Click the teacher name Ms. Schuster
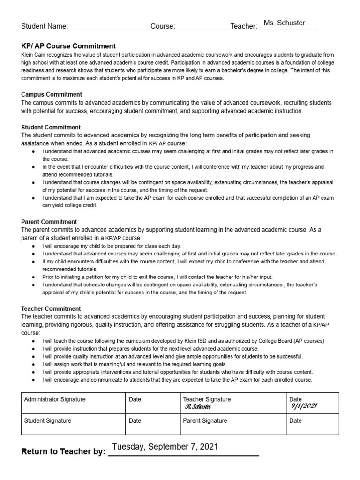(x=284, y=22)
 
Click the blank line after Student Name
(x=109, y=27)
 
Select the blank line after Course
(x=202, y=27)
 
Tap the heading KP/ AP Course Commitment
(x=68, y=46)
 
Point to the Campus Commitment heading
(x=52, y=94)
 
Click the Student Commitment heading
(x=51, y=127)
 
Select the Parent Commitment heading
(x=49, y=222)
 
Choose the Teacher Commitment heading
(x=51, y=308)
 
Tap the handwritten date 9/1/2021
(x=304, y=406)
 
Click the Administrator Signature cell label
(x=55, y=399)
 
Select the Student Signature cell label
(x=48, y=420)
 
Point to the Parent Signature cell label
(x=205, y=420)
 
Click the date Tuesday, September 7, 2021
(x=165, y=447)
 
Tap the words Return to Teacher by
(x=63, y=452)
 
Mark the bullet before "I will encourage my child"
(x=32, y=246)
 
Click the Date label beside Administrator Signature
(x=135, y=399)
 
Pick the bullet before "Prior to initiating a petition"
(x=32, y=277)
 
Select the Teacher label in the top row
(x=243, y=27)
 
